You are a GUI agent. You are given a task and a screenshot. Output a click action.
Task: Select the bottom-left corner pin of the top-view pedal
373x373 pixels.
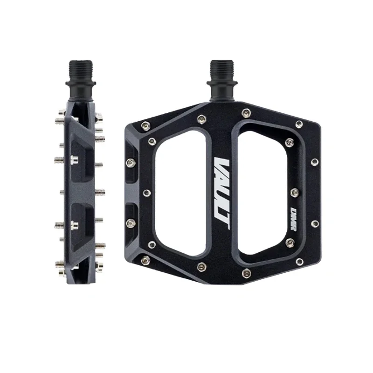(x=145, y=260)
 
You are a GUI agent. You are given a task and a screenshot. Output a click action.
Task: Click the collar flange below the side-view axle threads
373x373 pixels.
(x=83, y=85)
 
